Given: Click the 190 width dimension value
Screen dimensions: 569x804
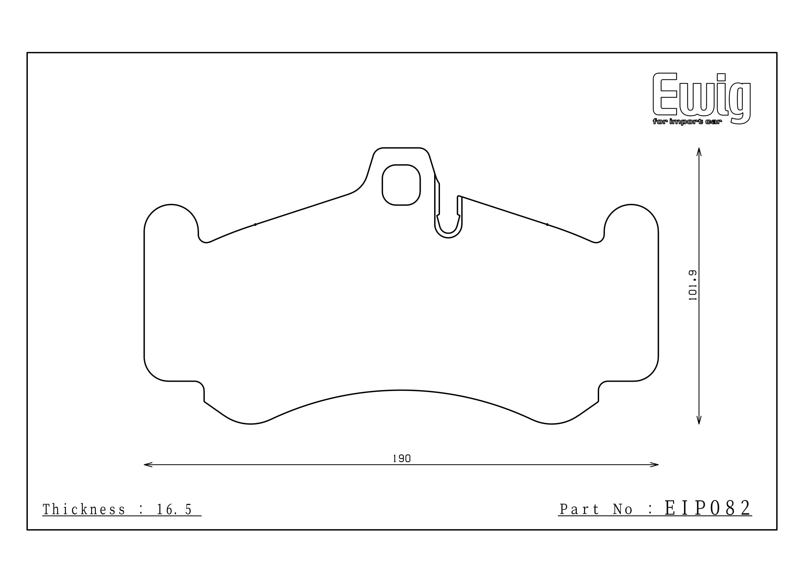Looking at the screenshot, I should pyautogui.click(x=401, y=459).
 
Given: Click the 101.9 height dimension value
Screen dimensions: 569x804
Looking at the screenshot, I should pyautogui.click(x=693, y=285).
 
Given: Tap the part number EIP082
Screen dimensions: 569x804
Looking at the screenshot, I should pyautogui.click(x=708, y=508).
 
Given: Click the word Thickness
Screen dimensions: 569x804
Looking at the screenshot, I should pyautogui.click(x=84, y=510).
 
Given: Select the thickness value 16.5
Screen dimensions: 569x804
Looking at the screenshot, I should pyautogui.click(x=174, y=510).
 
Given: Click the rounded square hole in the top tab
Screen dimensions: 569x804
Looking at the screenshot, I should pyautogui.click(x=401, y=185).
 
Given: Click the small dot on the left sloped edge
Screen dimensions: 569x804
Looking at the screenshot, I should pyautogui.click(x=255, y=224).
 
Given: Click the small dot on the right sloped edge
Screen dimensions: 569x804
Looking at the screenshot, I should pyautogui.click(x=547, y=224).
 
